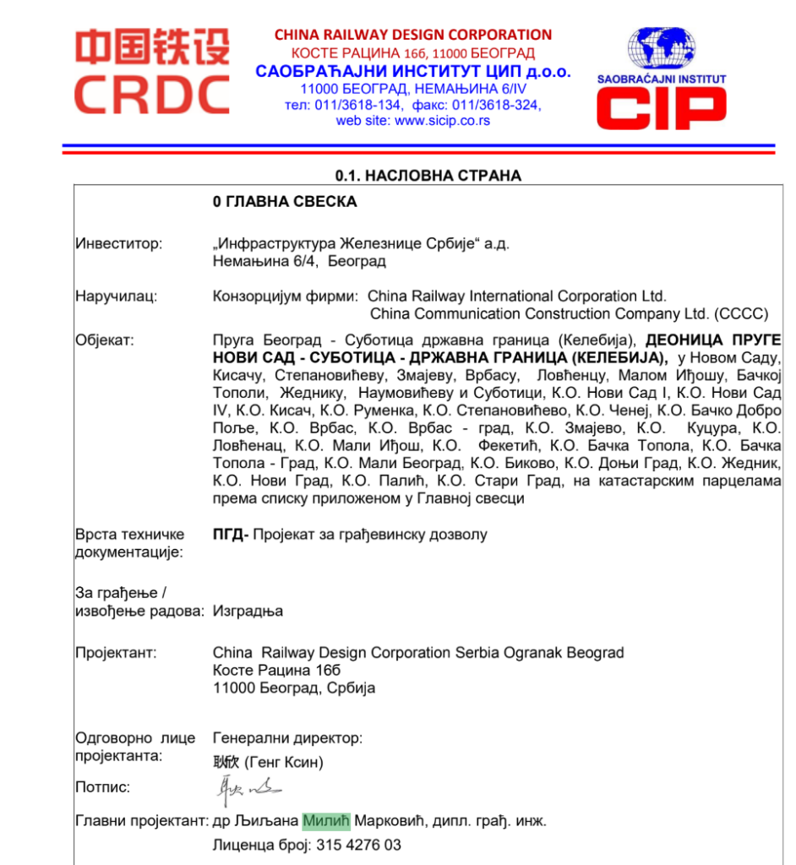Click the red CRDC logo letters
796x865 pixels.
151,94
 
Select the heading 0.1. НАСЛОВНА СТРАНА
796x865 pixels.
428,176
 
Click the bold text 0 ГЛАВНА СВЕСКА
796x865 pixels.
285,202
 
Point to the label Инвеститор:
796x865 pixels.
118,243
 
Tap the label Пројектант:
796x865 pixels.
116,653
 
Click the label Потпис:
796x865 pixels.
103,787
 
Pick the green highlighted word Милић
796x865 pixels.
325,821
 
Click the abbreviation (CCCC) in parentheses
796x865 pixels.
740,314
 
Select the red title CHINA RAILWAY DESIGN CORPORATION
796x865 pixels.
412,35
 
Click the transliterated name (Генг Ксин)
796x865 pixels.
284,763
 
